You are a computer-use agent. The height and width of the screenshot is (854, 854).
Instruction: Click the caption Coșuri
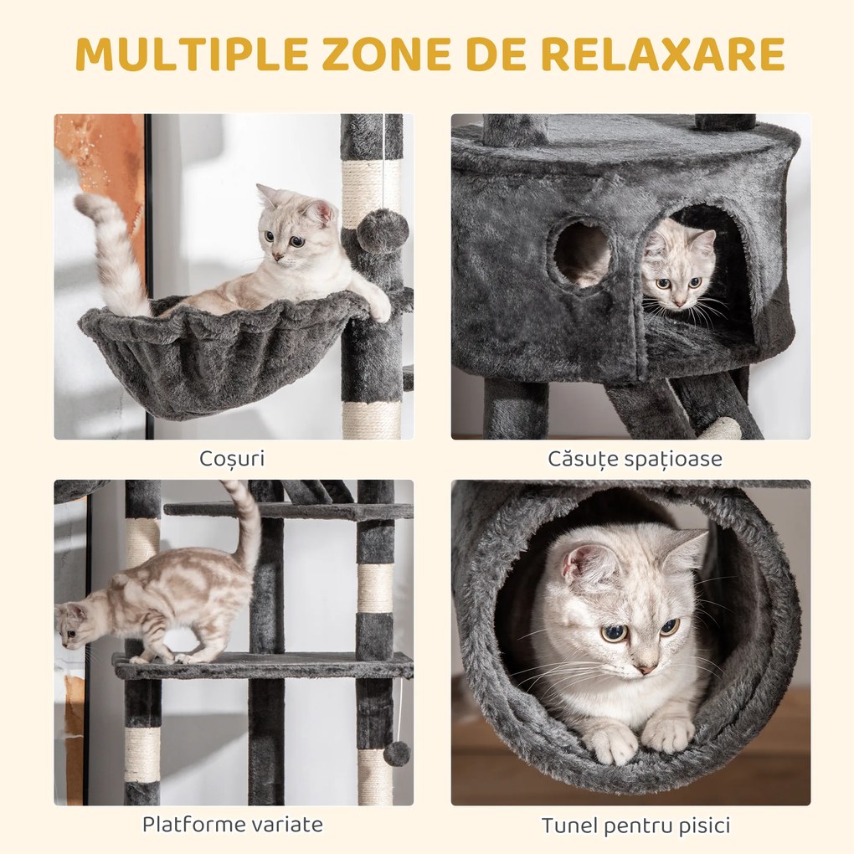point(232,459)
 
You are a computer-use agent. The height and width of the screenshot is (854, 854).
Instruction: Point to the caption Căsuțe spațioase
point(635,459)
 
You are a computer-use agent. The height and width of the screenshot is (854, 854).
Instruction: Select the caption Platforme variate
point(232,824)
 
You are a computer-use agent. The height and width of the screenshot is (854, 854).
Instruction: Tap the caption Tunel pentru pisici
point(635,826)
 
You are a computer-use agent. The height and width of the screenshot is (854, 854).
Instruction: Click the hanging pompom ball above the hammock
point(383,231)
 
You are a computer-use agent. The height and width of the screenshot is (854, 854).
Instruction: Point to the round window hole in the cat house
point(583,254)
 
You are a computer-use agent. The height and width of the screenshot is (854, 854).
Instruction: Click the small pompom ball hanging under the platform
point(396,753)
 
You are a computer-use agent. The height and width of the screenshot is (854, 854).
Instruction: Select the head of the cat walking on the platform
point(74,624)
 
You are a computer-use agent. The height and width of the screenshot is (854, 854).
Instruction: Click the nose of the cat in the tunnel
point(645,667)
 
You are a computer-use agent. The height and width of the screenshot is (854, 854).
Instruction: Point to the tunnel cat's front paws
point(640,737)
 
